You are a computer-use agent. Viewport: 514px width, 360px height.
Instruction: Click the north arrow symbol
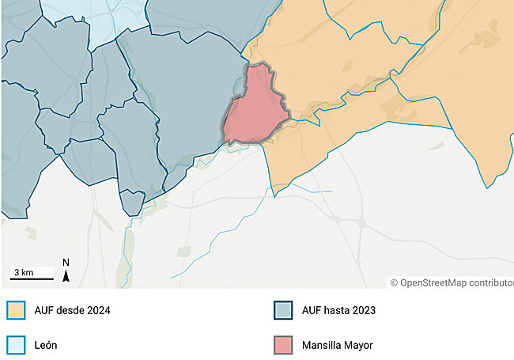tap(66, 276)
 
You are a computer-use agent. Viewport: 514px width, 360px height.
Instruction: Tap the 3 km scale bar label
tap(22, 272)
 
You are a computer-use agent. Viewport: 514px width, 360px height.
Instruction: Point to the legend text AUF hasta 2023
tap(338, 310)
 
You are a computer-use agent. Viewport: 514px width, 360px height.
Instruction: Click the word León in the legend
tap(45, 345)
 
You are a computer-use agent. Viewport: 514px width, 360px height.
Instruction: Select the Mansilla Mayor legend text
tap(337, 345)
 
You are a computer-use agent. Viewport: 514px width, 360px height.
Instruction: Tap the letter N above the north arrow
tap(66, 263)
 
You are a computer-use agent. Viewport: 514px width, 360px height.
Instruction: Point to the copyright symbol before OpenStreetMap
tap(394, 282)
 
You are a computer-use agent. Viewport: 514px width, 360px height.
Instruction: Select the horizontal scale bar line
tap(32, 279)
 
